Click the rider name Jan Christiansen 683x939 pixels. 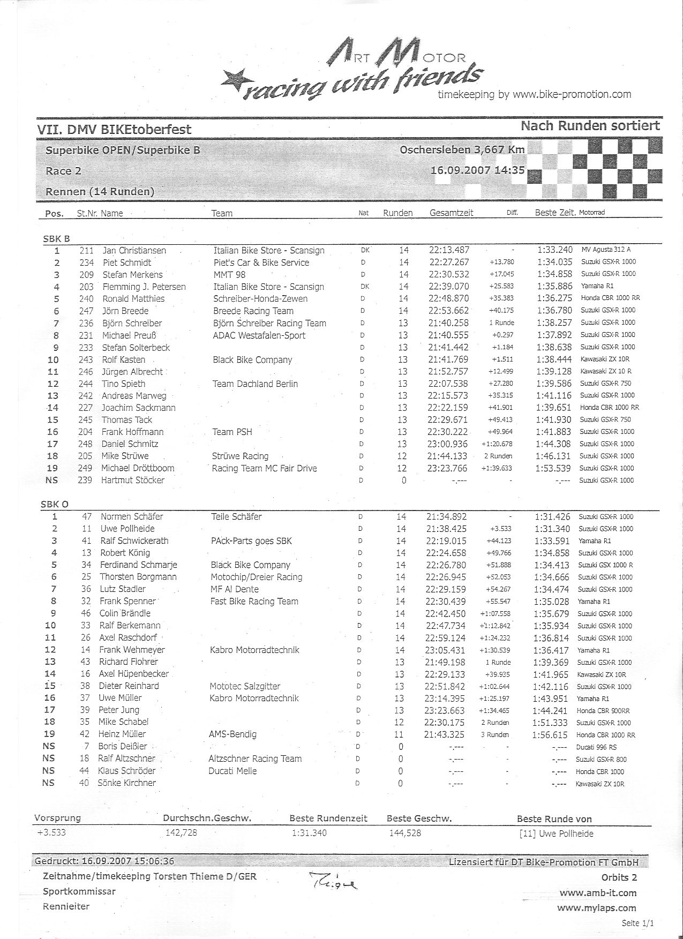pyautogui.click(x=134, y=251)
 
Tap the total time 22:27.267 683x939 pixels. pyautogui.click(x=449, y=262)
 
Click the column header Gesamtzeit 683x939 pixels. pyautogui.click(x=451, y=213)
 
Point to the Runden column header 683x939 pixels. pyautogui.click(x=397, y=213)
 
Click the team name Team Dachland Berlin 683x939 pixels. pyautogui.click(x=255, y=384)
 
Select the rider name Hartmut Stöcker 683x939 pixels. pyautogui.click(x=132, y=480)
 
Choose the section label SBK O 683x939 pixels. pyautogui.click(x=55, y=504)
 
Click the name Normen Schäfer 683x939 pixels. pyautogui.click(x=131, y=516)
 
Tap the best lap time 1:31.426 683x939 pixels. pyautogui.click(x=553, y=517)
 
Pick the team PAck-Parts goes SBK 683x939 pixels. pyautogui.click(x=251, y=540)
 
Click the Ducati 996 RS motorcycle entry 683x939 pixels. pyautogui.click(x=597, y=747)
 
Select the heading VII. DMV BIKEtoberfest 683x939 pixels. pyautogui.click(x=114, y=129)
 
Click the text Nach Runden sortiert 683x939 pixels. pyautogui.click(x=590, y=126)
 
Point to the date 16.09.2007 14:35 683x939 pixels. pyautogui.click(x=477, y=171)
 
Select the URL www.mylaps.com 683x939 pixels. pyautogui.click(x=596, y=908)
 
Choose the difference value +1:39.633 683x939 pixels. pyautogui.click(x=497, y=468)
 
